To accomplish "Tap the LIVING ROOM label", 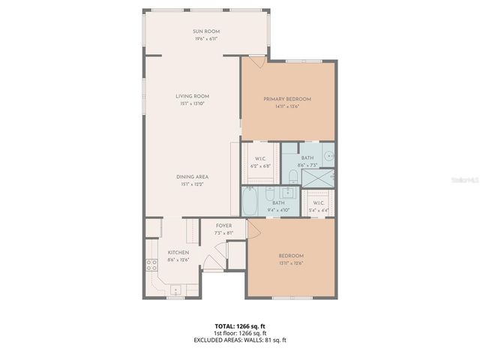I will (x=193, y=96).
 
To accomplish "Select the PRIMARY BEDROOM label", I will (x=287, y=99).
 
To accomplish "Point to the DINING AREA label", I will (x=193, y=177).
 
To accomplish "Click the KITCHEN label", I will (x=178, y=253).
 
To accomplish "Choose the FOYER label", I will (x=223, y=226).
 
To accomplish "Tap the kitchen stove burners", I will (x=150, y=264).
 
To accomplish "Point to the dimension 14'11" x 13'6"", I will (x=287, y=106).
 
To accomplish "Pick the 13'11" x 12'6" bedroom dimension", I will (x=291, y=263).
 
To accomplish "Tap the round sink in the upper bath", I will (x=330, y=157).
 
